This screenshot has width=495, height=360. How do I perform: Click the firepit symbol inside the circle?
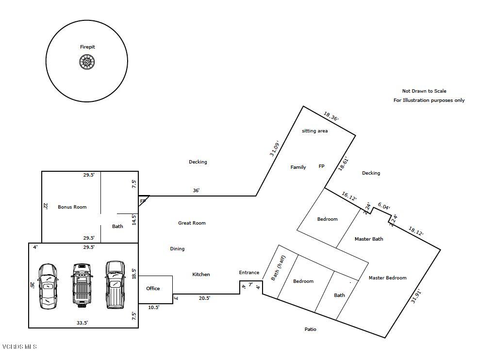(87, 62)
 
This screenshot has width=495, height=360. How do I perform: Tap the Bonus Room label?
(72, 207)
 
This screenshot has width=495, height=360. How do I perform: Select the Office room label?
(153, 289)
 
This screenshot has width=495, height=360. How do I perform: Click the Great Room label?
(192, 223)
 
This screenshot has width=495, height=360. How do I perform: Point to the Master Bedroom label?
(387, 278)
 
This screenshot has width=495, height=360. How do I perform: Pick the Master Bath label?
(369, 239)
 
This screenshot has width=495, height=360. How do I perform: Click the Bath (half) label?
(278, 268)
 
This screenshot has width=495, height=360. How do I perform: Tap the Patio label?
(310, 329)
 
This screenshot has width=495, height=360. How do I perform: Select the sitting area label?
(315, 131)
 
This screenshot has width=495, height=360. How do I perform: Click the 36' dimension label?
(196, 191)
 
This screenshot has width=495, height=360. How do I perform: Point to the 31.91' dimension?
(416, 296)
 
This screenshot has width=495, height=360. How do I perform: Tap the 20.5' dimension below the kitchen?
(204, 298)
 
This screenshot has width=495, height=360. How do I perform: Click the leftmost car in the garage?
(48, 286)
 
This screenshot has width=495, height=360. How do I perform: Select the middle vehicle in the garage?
(82, 284)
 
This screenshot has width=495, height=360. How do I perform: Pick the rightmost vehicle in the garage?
(115, 284)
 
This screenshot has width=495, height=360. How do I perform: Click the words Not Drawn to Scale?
(424, 91)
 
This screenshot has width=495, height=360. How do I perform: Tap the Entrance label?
(249, 273)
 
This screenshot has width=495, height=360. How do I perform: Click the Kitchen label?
(201, 275)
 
